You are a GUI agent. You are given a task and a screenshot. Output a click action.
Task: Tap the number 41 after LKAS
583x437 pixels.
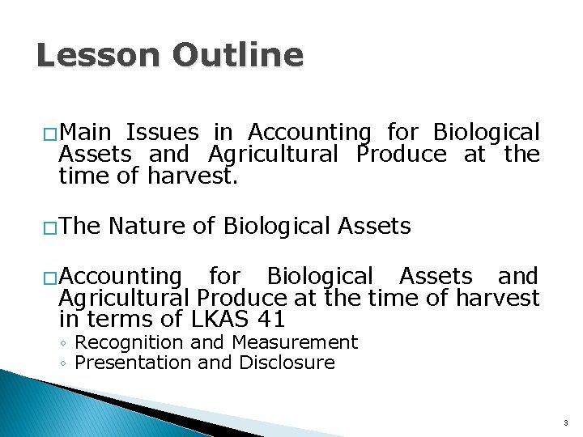270,320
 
